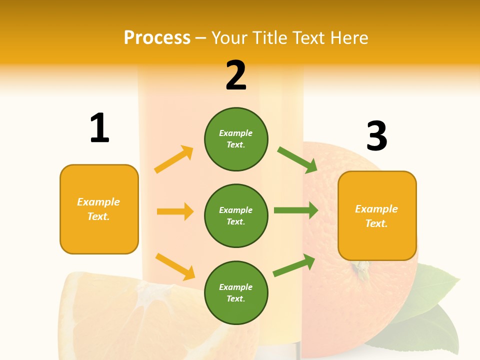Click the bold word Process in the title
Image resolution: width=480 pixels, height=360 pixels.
[157, 38]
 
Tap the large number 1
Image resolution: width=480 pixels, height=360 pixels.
[99, 128]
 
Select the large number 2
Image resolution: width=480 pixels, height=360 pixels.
[236, 75]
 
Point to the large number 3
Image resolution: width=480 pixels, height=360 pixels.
[376, 136]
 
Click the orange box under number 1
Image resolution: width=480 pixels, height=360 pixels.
[99, 209]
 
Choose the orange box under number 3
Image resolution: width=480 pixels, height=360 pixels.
[377, 216]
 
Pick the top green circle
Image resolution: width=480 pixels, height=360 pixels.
[236, 139]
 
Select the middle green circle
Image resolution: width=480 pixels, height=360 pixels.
[236, 215]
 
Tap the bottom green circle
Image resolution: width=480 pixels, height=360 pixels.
[236, 292]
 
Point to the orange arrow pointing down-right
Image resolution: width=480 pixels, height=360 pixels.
[175, 266]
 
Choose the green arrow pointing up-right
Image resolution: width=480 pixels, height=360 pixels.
[294, 265]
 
